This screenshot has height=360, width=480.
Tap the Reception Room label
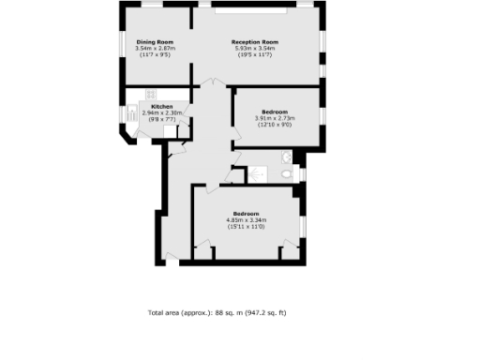[x=256, y=42]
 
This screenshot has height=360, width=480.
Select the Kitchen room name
[x=162, y=107]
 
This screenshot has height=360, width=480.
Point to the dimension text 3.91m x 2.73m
[x=275, y=118]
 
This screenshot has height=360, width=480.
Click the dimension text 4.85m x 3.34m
[x=247, y=220]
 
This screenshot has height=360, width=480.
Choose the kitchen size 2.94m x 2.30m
[x=162, y=112]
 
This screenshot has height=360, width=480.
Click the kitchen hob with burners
[x=149, y=93]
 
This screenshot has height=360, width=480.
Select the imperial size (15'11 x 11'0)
[x=247, y=227]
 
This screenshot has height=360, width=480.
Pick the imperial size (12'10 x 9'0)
[x=275, y=125]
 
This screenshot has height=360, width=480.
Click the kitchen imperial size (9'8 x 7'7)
[x=162, y=119]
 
